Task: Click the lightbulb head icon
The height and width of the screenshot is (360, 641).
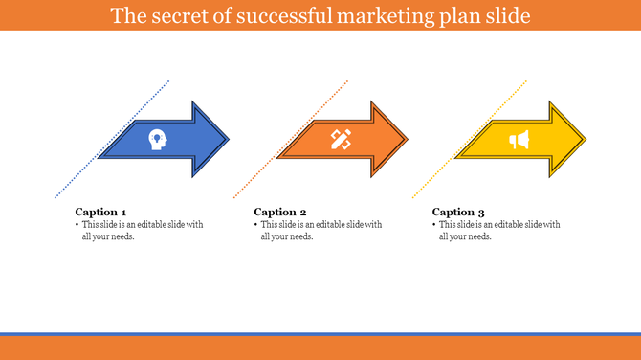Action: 156,140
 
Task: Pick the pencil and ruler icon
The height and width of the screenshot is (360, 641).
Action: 341,140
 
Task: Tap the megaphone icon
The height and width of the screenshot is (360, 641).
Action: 519,141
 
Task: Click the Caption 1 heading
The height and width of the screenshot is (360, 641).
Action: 100,212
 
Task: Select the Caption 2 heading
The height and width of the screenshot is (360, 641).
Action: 280,212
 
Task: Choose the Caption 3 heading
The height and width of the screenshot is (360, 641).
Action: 458,212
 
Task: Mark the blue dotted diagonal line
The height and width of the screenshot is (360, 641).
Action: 77,176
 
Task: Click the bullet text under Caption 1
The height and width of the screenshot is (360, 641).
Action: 140,231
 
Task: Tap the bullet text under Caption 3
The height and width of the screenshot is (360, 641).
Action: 497,231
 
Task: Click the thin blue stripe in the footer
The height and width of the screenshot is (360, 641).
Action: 320,334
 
